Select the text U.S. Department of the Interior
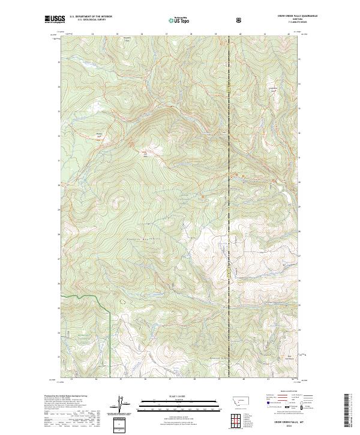click(91, 17)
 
